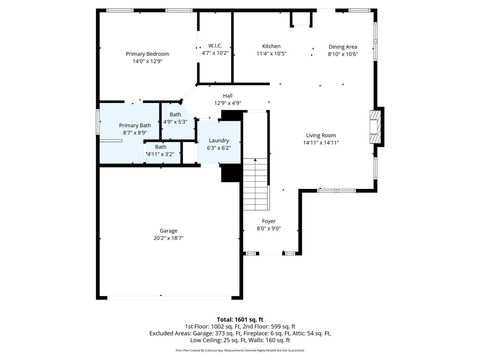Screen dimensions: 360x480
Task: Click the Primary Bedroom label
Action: [x=147, y=53]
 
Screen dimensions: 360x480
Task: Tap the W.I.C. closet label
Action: [x=216, y=46]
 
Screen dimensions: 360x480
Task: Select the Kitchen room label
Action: [x=271, y=47]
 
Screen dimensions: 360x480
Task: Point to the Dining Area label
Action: [x=343, y=47]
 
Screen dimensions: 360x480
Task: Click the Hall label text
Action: [x=228, y=96]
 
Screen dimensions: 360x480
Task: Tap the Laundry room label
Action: [x=218, y=141]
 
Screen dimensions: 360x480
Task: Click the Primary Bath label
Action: [x=135, y=125]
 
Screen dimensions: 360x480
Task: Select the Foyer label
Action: [x=269, y=221]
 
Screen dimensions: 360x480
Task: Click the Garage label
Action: [x=168, y=231]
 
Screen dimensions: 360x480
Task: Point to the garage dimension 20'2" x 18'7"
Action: [x=168, y=238]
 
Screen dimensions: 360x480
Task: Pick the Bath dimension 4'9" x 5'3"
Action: [x=175, y=122]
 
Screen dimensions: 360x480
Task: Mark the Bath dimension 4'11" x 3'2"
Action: [x=160, y=154]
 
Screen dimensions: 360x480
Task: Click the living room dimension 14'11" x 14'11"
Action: [x=321, y=142]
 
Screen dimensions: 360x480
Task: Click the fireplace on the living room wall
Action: [x=375, y=123]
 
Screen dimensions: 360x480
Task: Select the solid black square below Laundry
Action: [x=231, y=173]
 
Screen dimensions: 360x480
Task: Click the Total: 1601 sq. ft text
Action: [x=240, y=319]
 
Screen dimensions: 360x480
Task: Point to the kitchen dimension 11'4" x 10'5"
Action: [x=271, y=54]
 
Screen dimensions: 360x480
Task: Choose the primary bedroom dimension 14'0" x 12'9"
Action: [x=147, y=61]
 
